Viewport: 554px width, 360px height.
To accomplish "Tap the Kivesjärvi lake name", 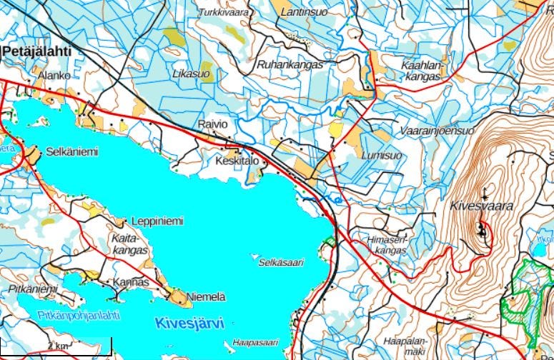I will coord(189,323).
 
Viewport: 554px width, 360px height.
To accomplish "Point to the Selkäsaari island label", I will coord(281,262).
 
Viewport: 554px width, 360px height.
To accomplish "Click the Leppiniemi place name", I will coord(158,221).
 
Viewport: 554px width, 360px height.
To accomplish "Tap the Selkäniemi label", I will coord(71,152).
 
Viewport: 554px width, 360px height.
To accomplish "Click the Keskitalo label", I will coord(236,162).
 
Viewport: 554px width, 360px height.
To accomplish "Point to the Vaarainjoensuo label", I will coord(437,131).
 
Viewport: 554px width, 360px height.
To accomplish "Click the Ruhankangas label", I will coord(290,64).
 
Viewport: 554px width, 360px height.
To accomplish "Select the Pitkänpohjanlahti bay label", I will coord(69,314).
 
